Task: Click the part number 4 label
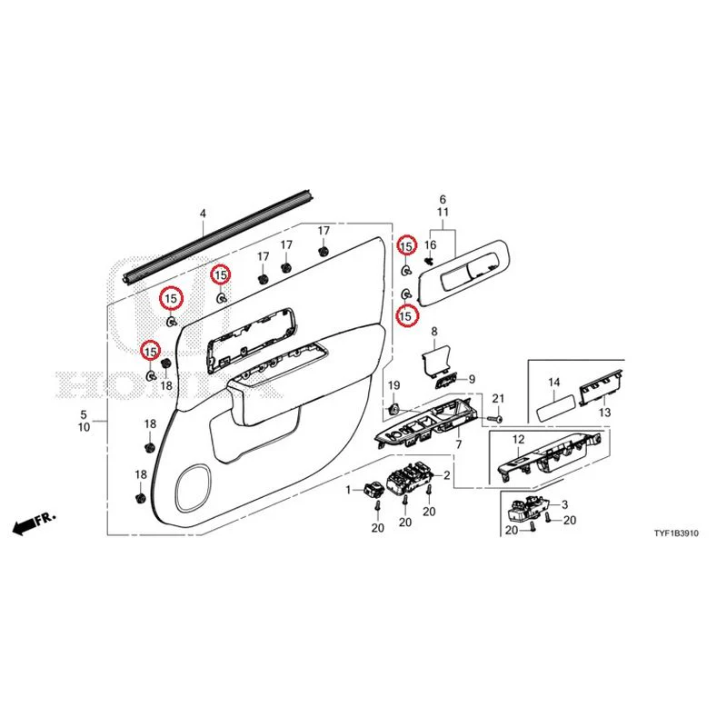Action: [203, 214]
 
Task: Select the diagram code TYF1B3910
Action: [675, 533]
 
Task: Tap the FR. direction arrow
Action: [34, 522]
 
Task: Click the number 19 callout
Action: [393, 385]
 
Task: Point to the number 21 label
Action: [498, 398]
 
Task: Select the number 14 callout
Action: [554, 383]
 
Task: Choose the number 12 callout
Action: [518, 439]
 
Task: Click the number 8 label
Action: [434, 332]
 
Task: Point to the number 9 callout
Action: [472, 379]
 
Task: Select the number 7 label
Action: [459, 444]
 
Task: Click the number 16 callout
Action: [430, 244]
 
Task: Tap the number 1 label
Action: [349, 490]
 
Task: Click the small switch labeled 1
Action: [372, 489]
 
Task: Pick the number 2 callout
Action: [446, 475]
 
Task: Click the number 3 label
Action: [564, 504]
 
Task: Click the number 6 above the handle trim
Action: [443, 199]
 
